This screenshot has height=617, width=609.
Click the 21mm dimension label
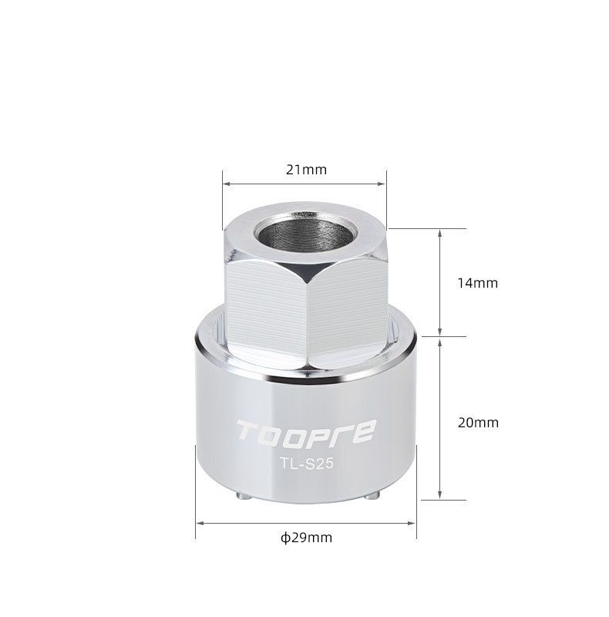pyautogui.click(x=306, y=170)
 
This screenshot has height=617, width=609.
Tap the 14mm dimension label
pyautogui.click(x=478, y=283)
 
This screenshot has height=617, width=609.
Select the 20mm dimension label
pyautogui.click(x=478, y=423)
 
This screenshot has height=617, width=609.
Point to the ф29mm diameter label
pyautogui.click(x=306, y=538)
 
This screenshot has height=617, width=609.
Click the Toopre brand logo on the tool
pyautogui.click(x=306, y=431)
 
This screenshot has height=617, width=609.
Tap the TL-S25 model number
pyautogui.click(x=307, y=464)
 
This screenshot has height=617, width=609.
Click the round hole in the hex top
pyautogui.click(x=304, y=236)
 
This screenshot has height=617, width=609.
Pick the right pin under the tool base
pyautogui.click(x=371, y=496)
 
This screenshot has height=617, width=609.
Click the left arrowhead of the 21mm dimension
pyautogui.click(x=226, y=184)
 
